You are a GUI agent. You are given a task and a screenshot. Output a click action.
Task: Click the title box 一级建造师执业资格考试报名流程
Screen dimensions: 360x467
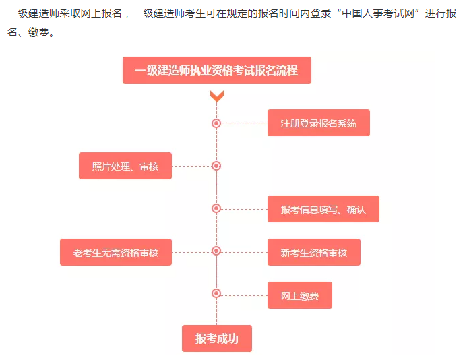pyautogui.click(x=216, y=70)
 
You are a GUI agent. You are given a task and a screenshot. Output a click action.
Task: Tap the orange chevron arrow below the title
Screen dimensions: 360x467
pyautogui.click(x=216, y=96)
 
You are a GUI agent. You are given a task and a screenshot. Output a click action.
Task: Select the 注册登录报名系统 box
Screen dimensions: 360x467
pyautogui.click(x=318, y=123)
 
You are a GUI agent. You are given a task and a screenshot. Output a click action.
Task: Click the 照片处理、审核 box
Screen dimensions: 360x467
pyautogui.click(x=125, y=166)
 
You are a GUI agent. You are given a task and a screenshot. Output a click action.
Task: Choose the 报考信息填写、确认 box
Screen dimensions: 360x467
pyautogui.click(x=323, y=209)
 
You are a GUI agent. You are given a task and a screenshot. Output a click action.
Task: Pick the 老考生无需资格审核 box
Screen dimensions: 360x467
pyautogui.click(x=116, y=252)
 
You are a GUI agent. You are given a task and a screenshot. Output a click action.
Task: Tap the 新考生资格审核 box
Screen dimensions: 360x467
pyautogui.click(x=313, y=252)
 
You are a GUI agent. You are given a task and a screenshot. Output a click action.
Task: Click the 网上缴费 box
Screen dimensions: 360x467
pyautogui.click(x=299, y=295)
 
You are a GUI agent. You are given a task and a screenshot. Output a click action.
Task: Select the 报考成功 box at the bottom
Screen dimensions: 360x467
pyautogui.click(x=216, y=338)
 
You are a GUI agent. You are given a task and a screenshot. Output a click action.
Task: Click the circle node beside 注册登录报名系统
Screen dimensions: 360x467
pyautogui.click(x=216, y=123)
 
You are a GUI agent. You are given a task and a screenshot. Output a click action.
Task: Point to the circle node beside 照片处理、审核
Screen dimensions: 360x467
pyautogui.click(x=216, y=166)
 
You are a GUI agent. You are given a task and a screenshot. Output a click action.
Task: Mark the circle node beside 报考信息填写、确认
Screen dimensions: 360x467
pyautogui.click(x=216, y=208)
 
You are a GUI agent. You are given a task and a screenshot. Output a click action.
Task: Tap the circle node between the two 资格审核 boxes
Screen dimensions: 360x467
pyautogui.click(x=216, y=251)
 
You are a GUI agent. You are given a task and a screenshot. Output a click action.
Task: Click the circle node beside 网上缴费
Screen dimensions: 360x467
pyautogui.click(x=216, y=293)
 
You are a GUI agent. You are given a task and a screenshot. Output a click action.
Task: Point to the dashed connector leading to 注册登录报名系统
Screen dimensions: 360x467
pyautogui.click(x=244, y=123)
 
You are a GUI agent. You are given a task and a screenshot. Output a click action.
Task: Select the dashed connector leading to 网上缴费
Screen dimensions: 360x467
pyautogui.click(x=244, y=294)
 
